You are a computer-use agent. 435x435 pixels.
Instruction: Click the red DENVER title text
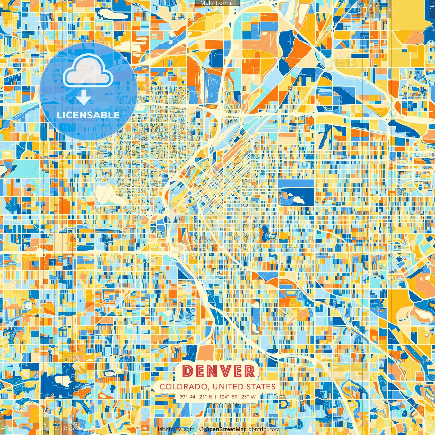(x=219, y=371)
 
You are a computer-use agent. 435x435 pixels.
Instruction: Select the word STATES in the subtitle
(x=261, y=387)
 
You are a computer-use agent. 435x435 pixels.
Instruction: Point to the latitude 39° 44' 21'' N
(x=196, y=397)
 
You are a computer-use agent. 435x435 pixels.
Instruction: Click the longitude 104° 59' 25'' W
(x=237, y=397)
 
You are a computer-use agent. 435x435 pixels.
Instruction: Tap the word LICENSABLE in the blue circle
(x=88, y=115)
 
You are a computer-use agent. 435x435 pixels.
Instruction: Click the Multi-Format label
(x=217, y=3)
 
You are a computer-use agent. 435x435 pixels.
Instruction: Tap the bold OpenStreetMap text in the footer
(x=226, y=429)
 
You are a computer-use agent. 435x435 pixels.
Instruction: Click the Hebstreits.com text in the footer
(x=175, y=429)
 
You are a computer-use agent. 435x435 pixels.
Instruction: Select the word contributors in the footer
(x=264, y=429)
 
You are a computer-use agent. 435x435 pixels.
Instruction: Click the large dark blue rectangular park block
(x=296, y=192)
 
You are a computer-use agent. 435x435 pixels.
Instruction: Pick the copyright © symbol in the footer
(x=202, y=429)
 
